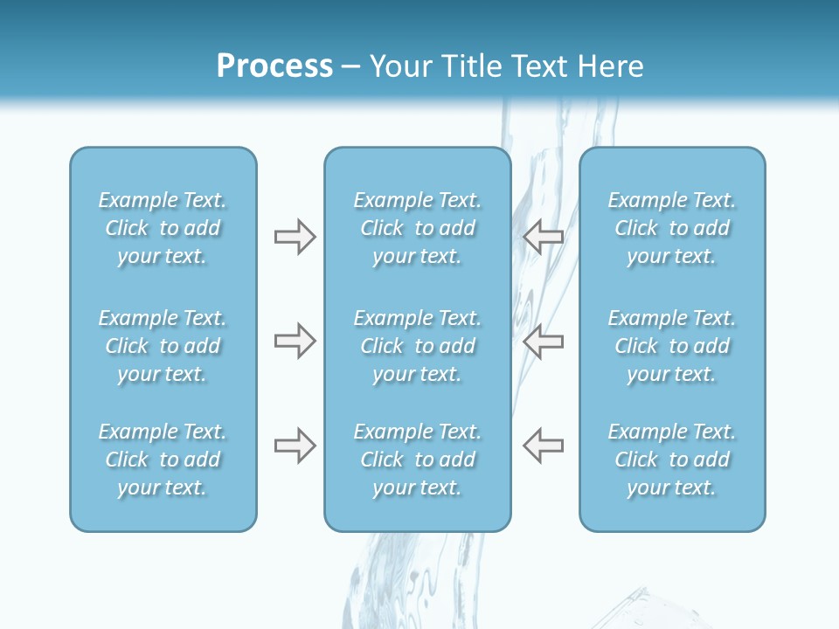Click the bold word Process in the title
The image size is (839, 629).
(x=274, y=66)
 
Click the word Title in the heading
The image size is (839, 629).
(x=473, y=66)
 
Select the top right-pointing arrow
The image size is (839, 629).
(x=295, y=237)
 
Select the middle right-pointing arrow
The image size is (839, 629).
(x=295, y=341)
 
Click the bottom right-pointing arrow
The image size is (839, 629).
(x=295, y=446)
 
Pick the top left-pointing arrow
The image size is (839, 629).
(x=544, y=237)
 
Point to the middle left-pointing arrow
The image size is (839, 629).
(x=544, y=341)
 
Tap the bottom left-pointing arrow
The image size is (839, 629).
(x=544, y=446)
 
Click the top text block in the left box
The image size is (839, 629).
(x=163, y=228)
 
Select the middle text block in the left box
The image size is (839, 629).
(x=163, y=346)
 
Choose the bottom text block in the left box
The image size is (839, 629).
(x=163, y=460)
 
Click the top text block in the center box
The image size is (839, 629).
(x=418, y=228)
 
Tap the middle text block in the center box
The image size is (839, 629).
(x=418, y=346)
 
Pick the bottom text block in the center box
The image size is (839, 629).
(x=418, y=460)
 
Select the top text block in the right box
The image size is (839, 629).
(x=672, y=228)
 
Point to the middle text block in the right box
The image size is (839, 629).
(x=672, y=346)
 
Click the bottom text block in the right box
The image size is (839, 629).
(x=672, y=460)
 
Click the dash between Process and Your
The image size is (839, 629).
(x=351, y=67)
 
